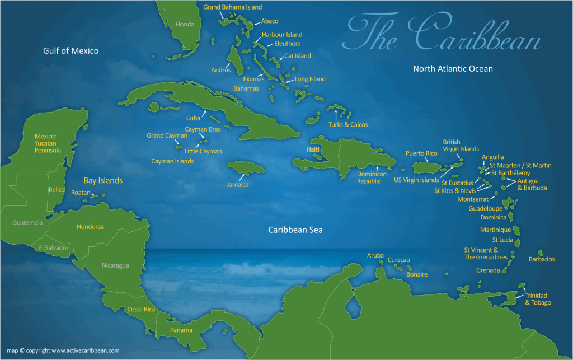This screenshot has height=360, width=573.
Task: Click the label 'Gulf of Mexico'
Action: point(71,51)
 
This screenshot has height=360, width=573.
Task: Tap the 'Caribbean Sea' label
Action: point(295,230)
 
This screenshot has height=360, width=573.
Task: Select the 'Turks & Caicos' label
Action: point(348,124)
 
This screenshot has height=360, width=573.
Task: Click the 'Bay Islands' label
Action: point(103,180)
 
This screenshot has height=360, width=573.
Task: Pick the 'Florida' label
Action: point(185,24)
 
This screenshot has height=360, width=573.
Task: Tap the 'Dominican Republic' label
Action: point(372,177)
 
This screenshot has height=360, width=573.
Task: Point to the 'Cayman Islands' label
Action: point(172,161)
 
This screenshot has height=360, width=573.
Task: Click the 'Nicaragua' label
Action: point(115,265)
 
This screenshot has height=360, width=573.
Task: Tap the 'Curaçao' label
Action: point(398,260)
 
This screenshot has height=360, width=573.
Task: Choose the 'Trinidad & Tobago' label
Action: point(538,299)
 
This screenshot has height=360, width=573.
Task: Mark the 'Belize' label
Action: point(57,190)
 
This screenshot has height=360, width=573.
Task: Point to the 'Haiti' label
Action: point(313,150)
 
